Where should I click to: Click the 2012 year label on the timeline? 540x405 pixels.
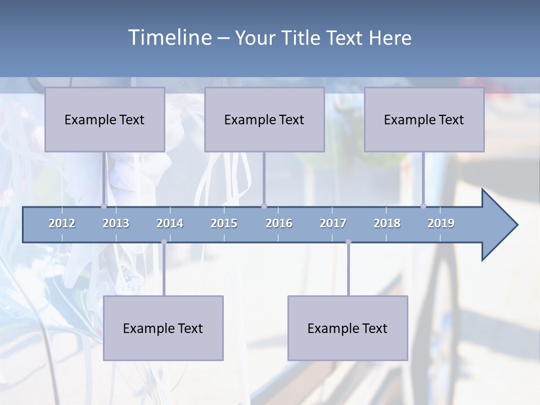(x=62, y=223)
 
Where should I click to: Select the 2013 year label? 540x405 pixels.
(x=116, y=223)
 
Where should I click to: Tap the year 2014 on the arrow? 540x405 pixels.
(x=170, y=223)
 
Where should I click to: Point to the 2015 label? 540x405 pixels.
(x=224, y=223)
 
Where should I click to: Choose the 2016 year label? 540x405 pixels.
(x=279, y=223)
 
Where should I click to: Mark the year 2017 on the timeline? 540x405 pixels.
(x=333, y=223)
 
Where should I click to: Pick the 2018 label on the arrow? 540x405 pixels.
(x=387, y=223)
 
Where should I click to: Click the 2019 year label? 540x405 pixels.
(x=441, y=223)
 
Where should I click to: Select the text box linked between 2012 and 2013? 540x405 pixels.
(x=105, y=119)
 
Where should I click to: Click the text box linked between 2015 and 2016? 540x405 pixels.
(x=264, y=119)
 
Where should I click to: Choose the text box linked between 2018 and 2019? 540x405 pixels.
(x=424, y=119)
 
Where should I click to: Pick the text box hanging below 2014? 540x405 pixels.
(x=163, y=328)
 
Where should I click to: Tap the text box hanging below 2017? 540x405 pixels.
(x=348, y=328)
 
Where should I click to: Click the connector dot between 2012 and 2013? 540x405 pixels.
(x=103, y=206)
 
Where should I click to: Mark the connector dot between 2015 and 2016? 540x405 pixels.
(x=264, y=206)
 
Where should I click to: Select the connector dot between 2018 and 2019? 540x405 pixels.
(x=423, y=206)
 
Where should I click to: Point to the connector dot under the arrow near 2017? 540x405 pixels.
(x=348, y=242)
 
